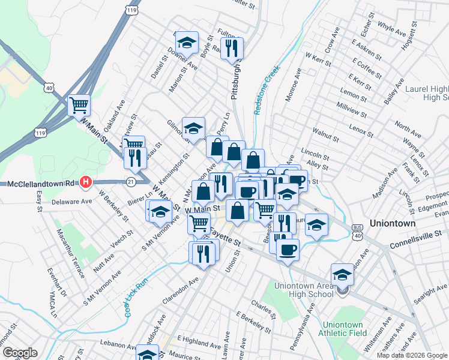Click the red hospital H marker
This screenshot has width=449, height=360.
pyautogui.click(x=86, y=181)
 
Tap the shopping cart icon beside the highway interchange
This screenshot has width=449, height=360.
pyautogui.click(x=79, y=106)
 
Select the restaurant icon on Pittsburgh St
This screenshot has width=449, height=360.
pyautogui.click(x=231, y=48)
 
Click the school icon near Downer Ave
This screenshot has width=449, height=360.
pyautogui.click(x=187, y=42)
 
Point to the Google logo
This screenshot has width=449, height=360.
pyautogui.click(x=20, y=353)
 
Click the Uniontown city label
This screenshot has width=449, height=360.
pyautogui.click(x=393, y=223)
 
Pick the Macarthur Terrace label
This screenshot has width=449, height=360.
pyautogui.click(x=71, y=252)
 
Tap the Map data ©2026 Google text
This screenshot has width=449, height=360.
pyautogui.click(x=411, y=355)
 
